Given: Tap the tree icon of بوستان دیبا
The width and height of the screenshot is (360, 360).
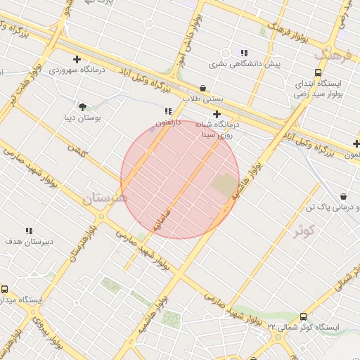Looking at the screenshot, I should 84,108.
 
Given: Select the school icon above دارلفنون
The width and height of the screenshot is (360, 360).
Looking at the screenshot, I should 167,111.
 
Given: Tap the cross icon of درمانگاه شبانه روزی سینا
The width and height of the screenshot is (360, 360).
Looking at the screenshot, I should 217,114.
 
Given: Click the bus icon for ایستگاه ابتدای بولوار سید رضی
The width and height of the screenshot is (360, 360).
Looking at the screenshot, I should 319,72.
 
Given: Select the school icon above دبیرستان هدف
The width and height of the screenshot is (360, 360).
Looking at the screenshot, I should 29,231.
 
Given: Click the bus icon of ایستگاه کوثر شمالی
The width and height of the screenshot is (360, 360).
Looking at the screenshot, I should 303,317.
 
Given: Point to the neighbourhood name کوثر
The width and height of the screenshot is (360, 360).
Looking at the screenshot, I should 304,229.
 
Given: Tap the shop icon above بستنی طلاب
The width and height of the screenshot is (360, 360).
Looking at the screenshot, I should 203,89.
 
